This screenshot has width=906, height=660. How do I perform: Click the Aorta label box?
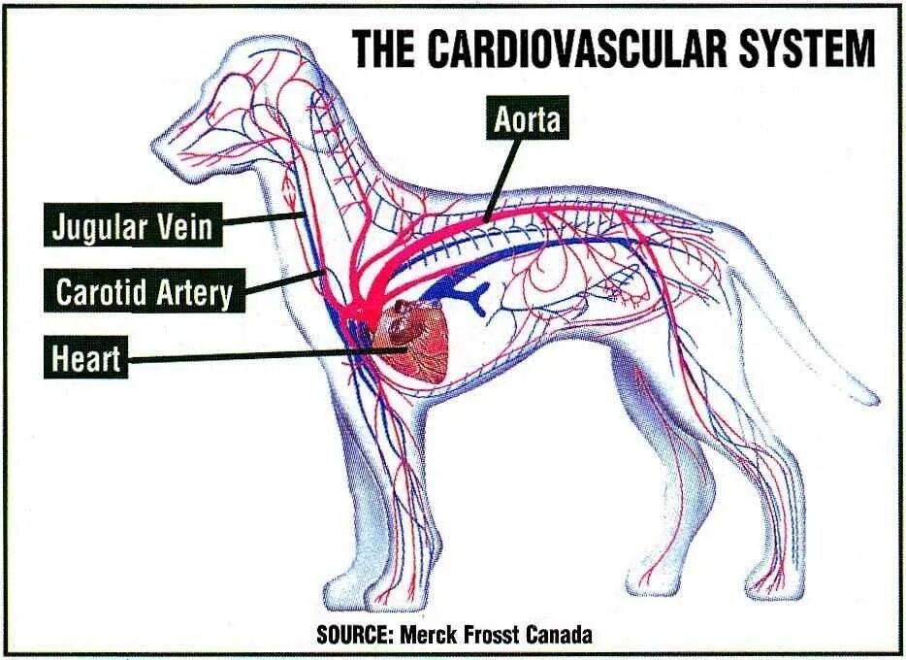click(x=528, y=119)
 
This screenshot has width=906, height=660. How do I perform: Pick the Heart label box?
click(x=86, y=359)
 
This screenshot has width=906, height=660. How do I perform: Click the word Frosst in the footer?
click(x=493, y=636)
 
